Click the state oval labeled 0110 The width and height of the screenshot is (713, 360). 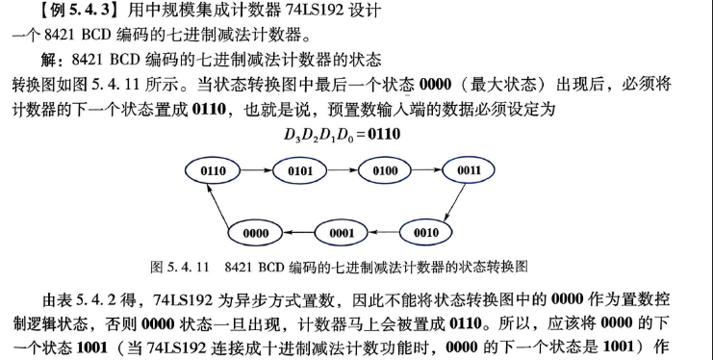[x=213, y=170]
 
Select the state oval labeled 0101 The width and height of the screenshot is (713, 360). [x=299, y=171]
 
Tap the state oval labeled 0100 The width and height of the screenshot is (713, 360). [x=385, y=170]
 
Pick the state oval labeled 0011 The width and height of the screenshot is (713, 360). [x=469, y=170]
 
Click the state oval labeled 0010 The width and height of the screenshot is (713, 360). [x=426, y=232]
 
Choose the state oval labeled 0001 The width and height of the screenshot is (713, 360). [x=342, y=233]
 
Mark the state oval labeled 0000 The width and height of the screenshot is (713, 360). [x=255, y=233]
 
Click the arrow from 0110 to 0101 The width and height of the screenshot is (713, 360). [x=257, y=170]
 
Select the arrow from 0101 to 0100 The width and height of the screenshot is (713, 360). [x=343, y=170]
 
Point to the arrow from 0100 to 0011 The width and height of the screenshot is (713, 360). [x=427, y=170]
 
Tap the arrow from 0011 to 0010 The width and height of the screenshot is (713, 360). [x=455, y=202]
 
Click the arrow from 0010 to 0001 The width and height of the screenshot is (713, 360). [x=384, y=233]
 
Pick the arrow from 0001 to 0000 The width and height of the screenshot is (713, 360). [x=298, y=233]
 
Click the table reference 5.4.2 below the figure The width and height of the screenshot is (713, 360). [x=97, y=300]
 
